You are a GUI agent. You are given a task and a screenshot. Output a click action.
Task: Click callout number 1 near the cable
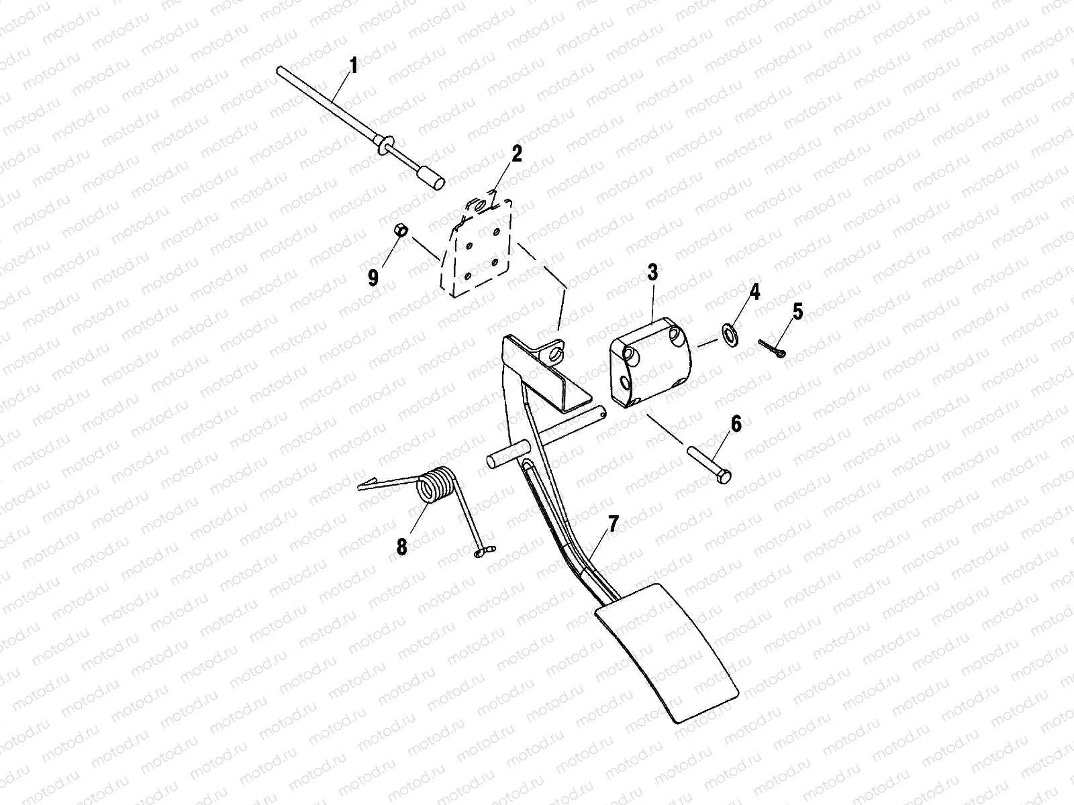click(353, 66)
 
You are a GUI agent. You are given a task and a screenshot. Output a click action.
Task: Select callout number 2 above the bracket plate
click(516, 154)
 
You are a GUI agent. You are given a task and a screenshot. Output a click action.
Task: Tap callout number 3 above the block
click(652, 272)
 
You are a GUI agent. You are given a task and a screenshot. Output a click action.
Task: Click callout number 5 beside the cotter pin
click(797, 311)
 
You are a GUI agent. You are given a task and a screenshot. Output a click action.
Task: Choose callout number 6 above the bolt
click(736, 424)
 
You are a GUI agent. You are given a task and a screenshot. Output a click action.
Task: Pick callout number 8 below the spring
click(401, 547)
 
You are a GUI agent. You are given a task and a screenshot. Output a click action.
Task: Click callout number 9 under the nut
click(373, 277)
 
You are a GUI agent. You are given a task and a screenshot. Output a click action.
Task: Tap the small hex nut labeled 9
click(397, 230)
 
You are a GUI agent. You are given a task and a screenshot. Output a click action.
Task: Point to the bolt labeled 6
click(708, 463)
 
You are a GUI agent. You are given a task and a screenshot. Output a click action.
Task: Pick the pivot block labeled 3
click(648, 363)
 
